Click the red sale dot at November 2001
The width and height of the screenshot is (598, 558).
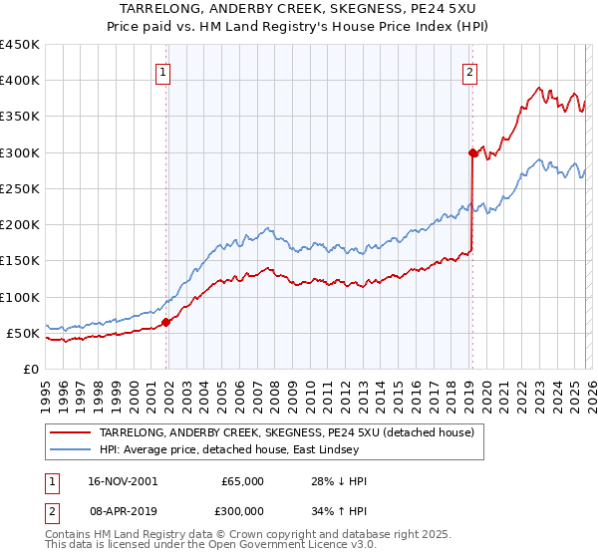coord(166,322)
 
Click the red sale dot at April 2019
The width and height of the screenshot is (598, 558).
coord(472,152)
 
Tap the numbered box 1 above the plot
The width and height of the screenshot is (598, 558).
coord(161,71)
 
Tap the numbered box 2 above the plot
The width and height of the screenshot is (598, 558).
coord(468,71)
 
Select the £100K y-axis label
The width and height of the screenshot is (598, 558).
coord(20,297)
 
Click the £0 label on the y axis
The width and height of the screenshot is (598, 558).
coord(30,370)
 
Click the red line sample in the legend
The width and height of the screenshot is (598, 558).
coord(71,432)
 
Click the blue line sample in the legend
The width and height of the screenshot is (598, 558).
coord(71,449)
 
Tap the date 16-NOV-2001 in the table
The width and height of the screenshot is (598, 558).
coord(122,481)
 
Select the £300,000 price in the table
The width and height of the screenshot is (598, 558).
coord(242,509)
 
